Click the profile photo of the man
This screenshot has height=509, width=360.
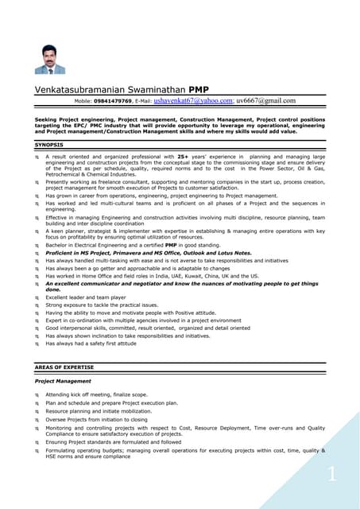[51, 59]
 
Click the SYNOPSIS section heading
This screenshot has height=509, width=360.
[51, 146]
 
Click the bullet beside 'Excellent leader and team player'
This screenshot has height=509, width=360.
[37, 296]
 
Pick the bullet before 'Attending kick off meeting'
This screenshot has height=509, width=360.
[37, 394]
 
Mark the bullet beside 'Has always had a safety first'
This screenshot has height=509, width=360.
[37, 344]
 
